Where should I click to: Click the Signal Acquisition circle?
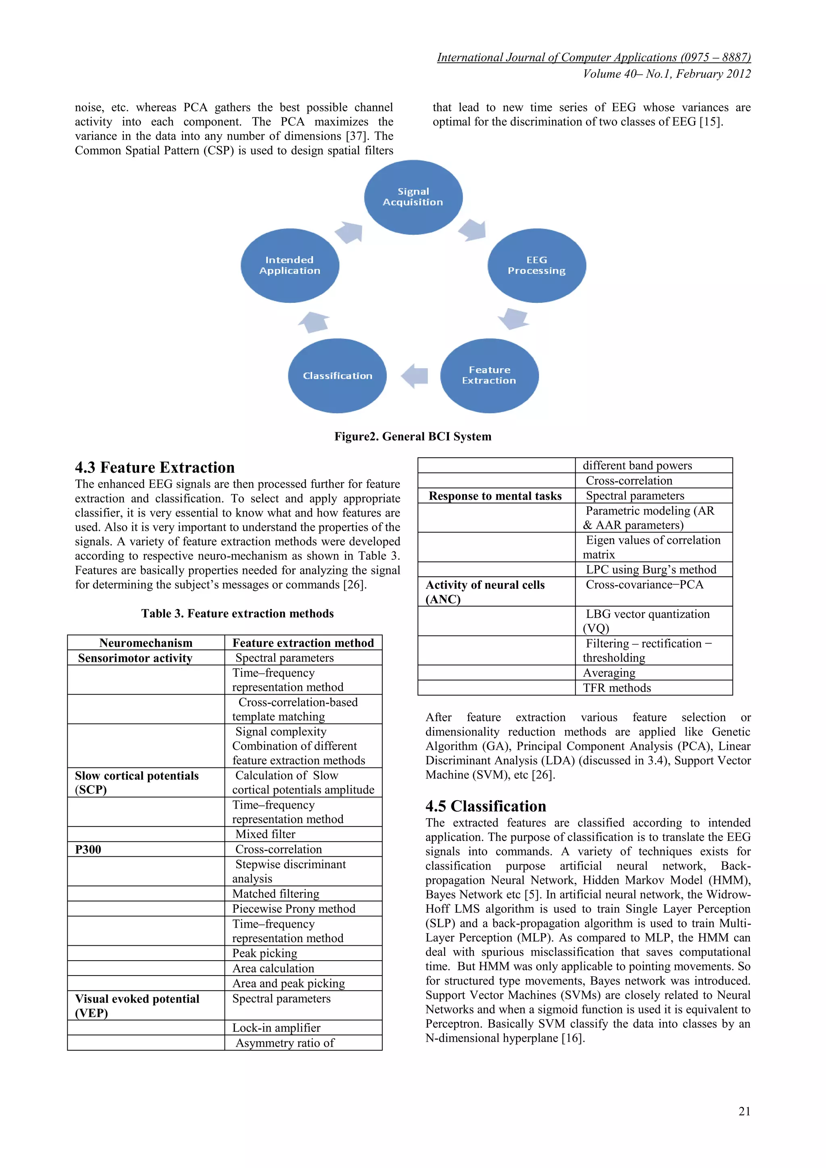pyautogui.click(x=413, y=197)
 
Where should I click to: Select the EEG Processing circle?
pyautogui.click(x=536, y=265)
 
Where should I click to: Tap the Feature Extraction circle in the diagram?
pyautogui.click(x=489, y=375)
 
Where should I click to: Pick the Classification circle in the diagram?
pyautogui.click(x=337, y=376)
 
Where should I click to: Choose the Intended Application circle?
pyautogui.click(x=290, y=265)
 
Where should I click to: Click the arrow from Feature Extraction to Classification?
pyautogui.click(x=415, y=376)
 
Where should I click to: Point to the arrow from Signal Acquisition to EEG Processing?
pyautogui.click(x=473, y=229)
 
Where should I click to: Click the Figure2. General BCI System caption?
pyautogui.click(x=413, y=436)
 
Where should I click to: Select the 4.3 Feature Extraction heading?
pyautogui.click(x=154, y=467)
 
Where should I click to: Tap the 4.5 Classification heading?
pyautogui.click(x=486, y=806)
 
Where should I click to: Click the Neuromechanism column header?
pyautogui.click(x=146, y=643)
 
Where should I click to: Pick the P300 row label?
pyautogui.click(x=88, y=849)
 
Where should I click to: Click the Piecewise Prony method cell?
pyautogui.click(x=294, y=909)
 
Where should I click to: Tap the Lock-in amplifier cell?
pyautogui.click(x=276, y=1028)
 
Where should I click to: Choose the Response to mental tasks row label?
pyautogui.click(x=495, y=496)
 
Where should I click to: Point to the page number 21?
pyautogui.click(x=744, y=1111)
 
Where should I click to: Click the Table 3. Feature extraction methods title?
pyautogui.click(x=238, y=613)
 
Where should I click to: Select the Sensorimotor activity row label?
pyautogui.click(x=135, y=658)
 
